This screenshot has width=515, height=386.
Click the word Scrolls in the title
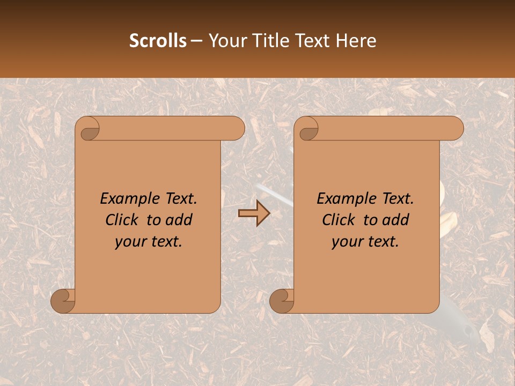click(158, 41)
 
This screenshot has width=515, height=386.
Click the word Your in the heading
click(227, 41)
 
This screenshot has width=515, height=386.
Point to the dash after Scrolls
click(197, 41)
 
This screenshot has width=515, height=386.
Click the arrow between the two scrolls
click(254, 213)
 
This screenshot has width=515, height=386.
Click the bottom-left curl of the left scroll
click(63, 301)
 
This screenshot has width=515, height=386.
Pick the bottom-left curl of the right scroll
click(282, 301)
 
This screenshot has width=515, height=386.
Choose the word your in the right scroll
click(345, 242)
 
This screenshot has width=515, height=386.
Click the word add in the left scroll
click(179, 220)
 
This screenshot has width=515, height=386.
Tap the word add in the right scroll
click(396, 220)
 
